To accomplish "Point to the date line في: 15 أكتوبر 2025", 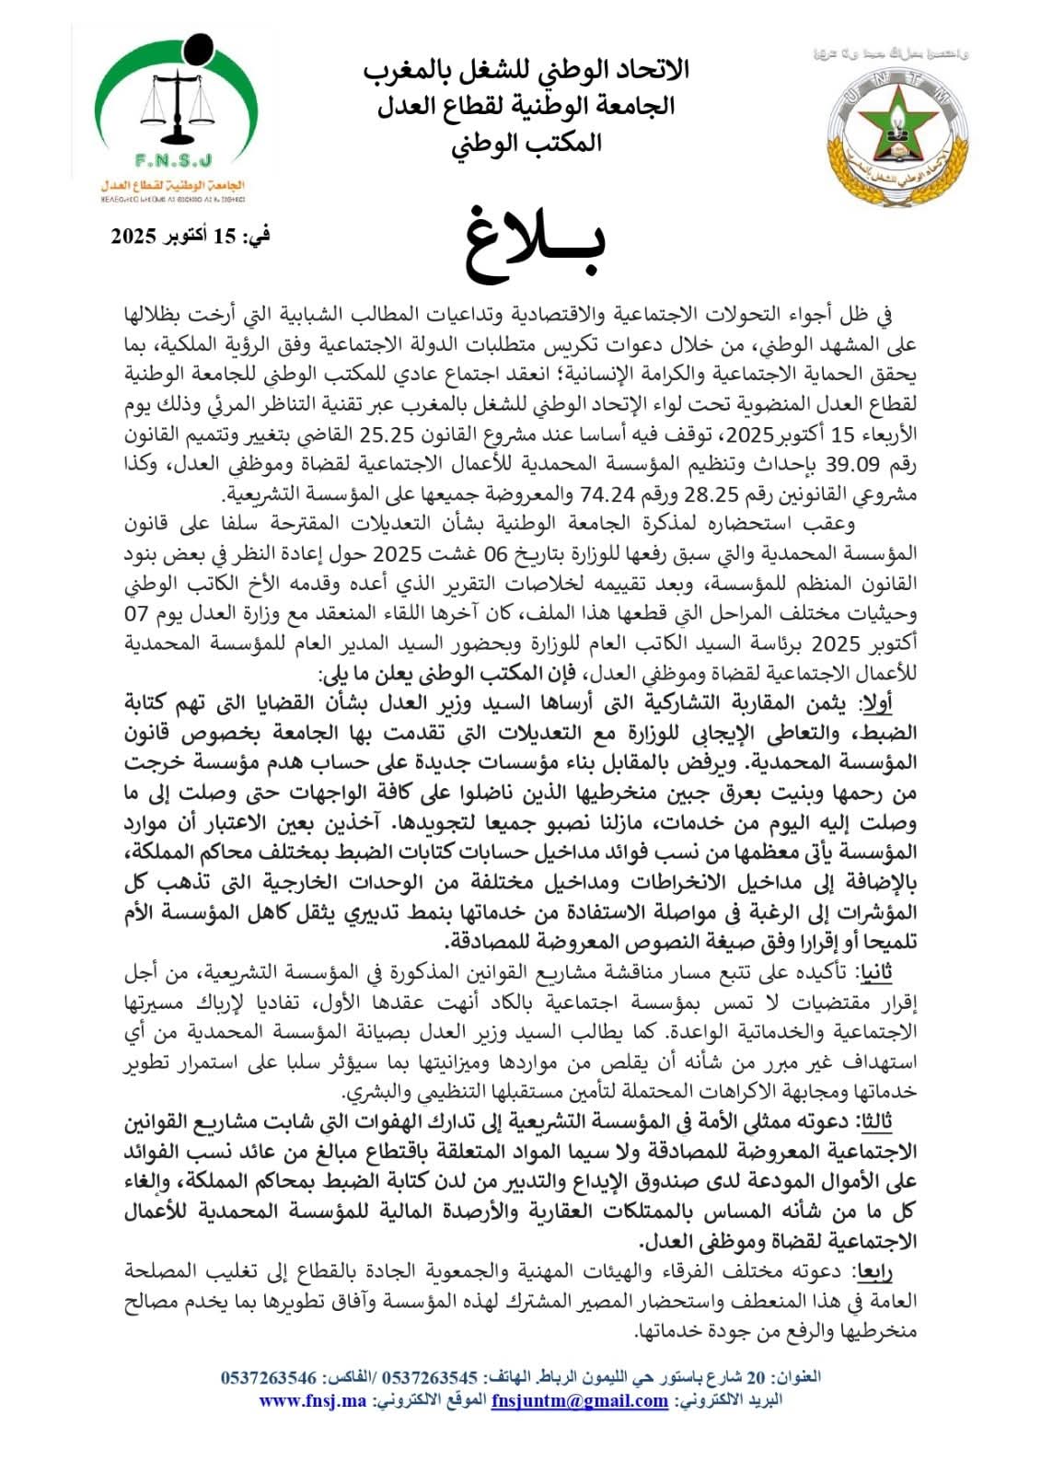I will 191,236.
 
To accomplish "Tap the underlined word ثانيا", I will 873,972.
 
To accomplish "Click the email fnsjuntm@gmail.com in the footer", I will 579,1401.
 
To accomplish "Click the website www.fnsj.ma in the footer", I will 312,1401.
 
